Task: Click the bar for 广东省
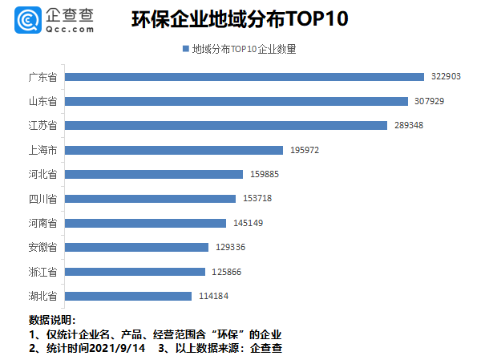coord(244,77)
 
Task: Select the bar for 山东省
coord(236,101)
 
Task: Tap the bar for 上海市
coord(173,150)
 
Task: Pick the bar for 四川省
coord(150,198)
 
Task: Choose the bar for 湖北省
coord(128,296)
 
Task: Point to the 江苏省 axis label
coord(42,126)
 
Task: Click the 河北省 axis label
coord(42,174)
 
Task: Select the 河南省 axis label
coord(42,223)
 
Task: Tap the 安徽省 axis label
coord(42,247)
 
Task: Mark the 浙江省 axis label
coord(42,272)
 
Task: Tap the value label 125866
coord(227,272)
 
